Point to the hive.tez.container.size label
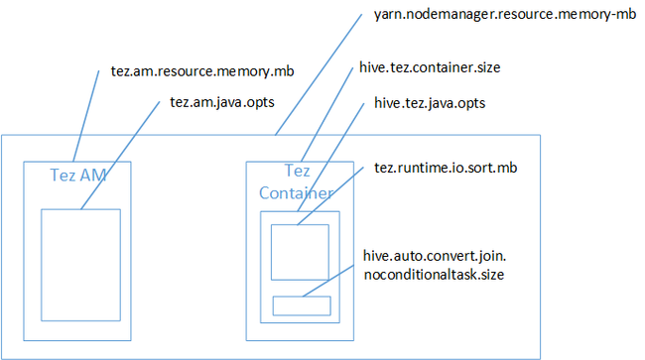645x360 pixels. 429,68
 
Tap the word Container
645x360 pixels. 296,192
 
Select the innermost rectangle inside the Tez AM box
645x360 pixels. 80,264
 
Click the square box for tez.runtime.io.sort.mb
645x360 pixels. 300,252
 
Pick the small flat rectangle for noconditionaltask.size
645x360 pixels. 301,305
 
